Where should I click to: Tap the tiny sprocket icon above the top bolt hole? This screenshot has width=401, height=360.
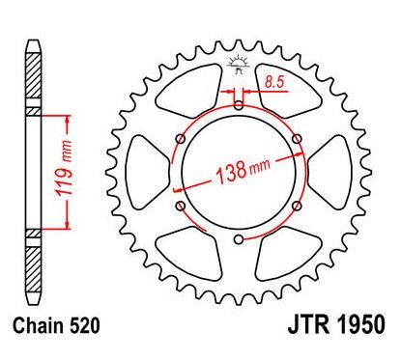pos(237,67)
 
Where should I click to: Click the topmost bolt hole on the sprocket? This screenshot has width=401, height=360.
pos(237,104)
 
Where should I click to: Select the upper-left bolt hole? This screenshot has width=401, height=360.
pos(179,138)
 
